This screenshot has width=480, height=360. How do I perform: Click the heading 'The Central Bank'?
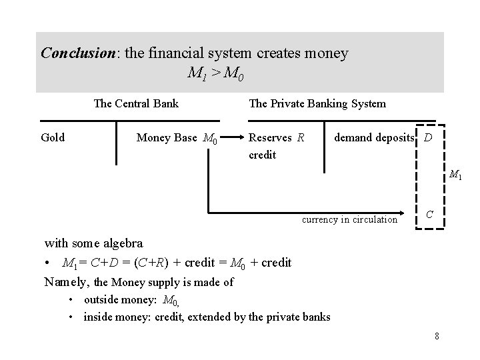136,103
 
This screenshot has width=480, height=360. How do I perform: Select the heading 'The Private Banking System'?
317,103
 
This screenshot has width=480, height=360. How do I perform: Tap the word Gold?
53,137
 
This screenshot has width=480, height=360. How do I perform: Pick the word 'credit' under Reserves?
261,154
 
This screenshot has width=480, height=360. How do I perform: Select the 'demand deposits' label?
373,138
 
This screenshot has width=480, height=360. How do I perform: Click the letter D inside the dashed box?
428,138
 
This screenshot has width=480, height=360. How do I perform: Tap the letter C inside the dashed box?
430,214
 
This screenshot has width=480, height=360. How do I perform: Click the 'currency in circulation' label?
350,219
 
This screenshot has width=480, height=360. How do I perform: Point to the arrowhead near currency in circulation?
407,214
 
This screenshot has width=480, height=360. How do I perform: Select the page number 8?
437,335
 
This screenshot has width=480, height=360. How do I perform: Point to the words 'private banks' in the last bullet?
297,317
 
